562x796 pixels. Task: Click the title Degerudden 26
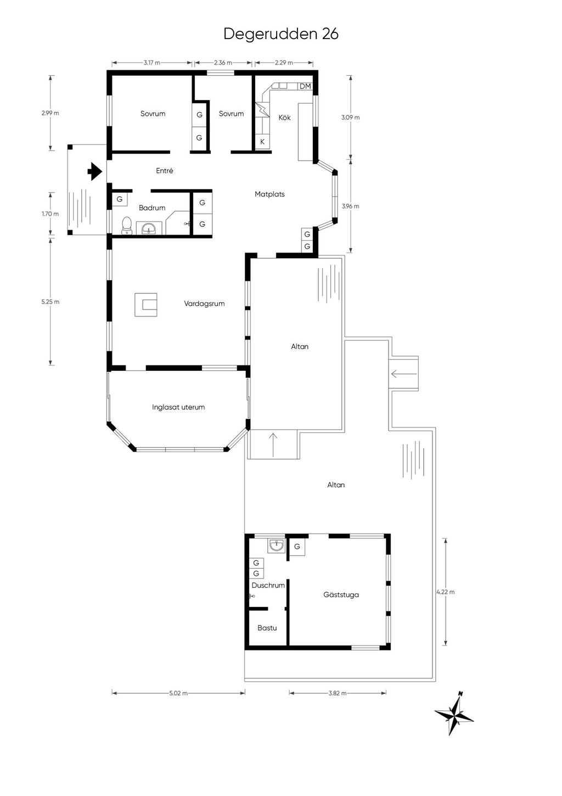(x=280, y=34)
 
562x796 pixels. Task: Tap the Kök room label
(x=284, y=118)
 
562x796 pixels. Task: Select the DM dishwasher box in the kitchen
(x=305, y=86)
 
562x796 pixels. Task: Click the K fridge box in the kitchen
(x=262, y=142)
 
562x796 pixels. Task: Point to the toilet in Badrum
(x=127, y=225)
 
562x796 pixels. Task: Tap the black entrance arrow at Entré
(x=95, y=171)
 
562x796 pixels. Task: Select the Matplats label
(x=269, y=194)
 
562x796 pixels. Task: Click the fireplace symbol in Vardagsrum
(x=147, y=305)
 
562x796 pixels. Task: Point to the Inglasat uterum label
(x=178, y=407)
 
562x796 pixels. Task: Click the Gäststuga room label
(x=341, y=594)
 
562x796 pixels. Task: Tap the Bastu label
(x=267, y=628)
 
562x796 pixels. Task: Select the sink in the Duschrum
(x=276, y=545)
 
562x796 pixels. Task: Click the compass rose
(x=454, y=715)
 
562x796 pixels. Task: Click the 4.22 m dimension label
(x=445, y=592)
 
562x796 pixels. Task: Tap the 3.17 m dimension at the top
(x=152, y=63)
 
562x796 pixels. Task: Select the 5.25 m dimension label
(x=50, y=302)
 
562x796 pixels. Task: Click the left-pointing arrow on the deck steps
(x=403, y=374)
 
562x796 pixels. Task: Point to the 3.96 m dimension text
(x=350, y=207)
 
